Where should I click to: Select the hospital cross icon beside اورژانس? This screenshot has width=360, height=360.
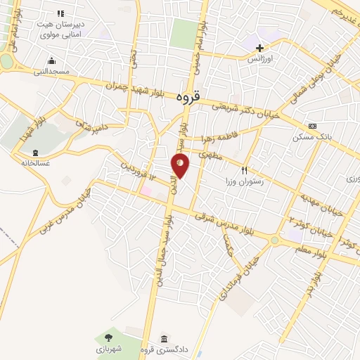click(259, 48)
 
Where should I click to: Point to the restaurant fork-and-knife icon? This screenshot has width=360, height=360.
click(245, 170)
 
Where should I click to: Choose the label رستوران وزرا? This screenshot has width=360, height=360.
click(260, 181)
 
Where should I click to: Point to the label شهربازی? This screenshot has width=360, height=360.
click(109, 349)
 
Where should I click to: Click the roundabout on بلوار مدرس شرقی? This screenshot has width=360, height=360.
click(274, 240)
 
